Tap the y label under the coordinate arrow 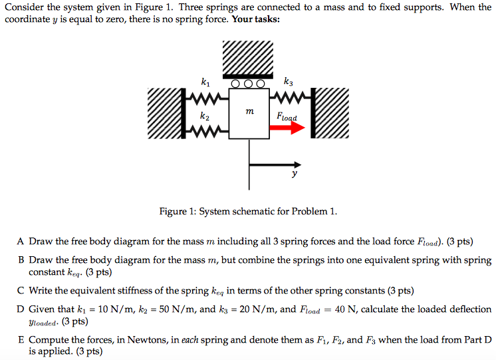click(293, 174)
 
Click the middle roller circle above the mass click(249, 85)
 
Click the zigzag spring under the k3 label click(286, 100)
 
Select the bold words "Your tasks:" click(255, 19)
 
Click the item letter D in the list click(21, 309)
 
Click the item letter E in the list click(21, 339)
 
